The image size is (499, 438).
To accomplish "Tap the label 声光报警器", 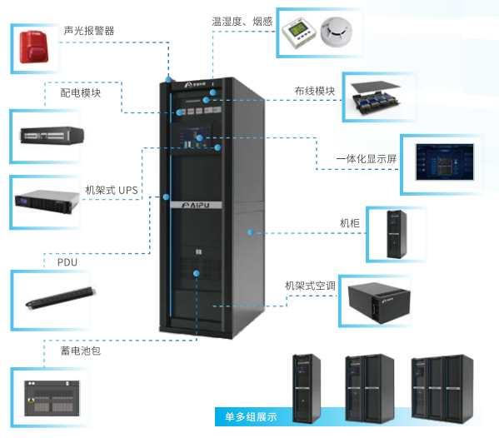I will pyautogui.click(x=89, y=31).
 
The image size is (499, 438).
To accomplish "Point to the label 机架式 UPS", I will pyautogui.click(x=112, y=191).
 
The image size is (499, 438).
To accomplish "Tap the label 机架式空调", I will pyautogui.click(x=310, y=286).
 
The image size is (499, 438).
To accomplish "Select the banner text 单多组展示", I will pyautogui.click(x=250, y=416).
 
